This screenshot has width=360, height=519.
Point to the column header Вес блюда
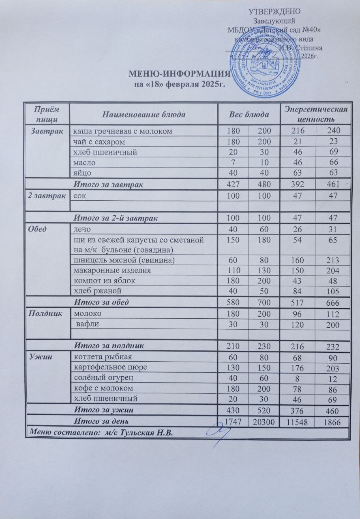point(249,114)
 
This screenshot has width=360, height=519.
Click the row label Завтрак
point(46,131)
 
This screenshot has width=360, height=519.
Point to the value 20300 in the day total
point(264,422)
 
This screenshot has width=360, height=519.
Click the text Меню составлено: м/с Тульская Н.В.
point(99,433)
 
